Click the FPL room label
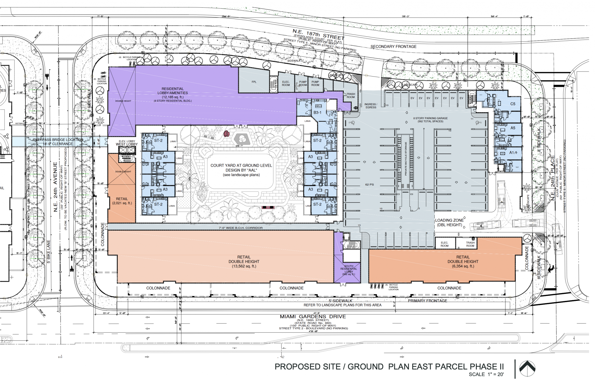tap(254, 82)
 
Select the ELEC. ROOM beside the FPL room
tap(286, 83)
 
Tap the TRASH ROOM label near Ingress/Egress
tap(350, 95)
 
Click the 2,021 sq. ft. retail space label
tap(122, 201)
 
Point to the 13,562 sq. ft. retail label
tap(244, 261)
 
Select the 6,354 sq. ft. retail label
tap(463, 261)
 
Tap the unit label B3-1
tap(317, 113)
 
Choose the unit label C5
tap(513, 104)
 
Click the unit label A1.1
tap(513, 152)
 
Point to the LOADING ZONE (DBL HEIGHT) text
tap(449, 222)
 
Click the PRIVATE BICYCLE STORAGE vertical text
tap(406, 158)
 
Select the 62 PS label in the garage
tap(369, 185)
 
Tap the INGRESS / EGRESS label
tap(371, 106)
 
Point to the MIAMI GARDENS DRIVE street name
tap(313, 317)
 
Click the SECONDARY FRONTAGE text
tap(393, 47)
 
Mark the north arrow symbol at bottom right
tap(527, 368)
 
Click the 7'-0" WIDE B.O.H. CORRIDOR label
tap(241, 228)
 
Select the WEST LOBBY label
tap(127, 144)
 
